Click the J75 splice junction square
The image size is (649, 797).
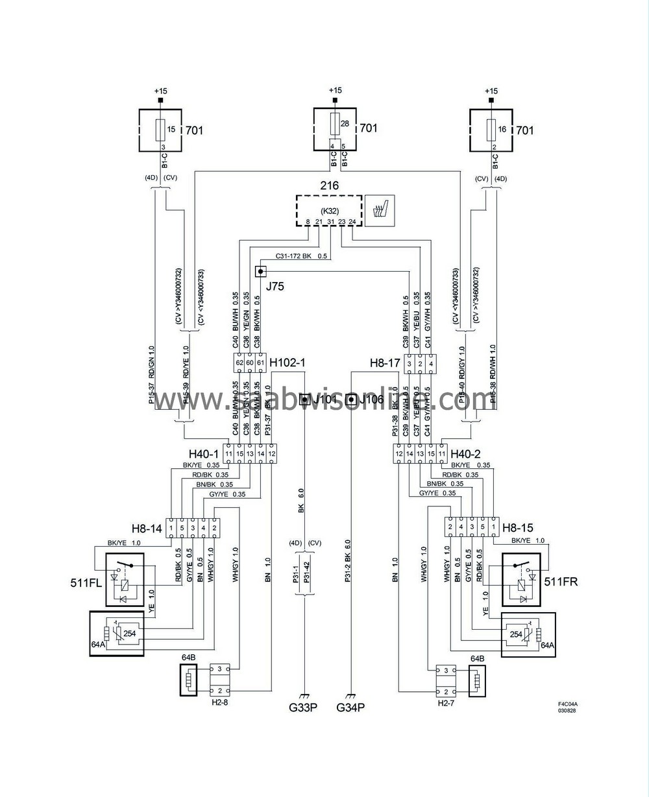click(261, 271)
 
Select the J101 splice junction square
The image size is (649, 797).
click(304, 399)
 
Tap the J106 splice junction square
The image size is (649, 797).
click(351, 399)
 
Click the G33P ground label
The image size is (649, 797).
click(304, 706)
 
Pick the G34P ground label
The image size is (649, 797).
click(351, 706)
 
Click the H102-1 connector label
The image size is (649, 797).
click(287, 363)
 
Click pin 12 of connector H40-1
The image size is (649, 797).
click(271, 453)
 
